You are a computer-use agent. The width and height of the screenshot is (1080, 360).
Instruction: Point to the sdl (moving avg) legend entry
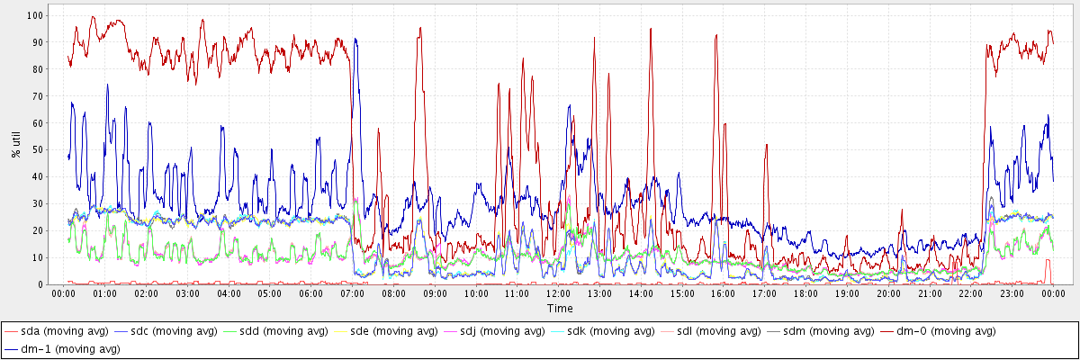(x=714, y=332)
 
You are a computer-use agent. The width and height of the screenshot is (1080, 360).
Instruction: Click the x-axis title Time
(x=559, y=309)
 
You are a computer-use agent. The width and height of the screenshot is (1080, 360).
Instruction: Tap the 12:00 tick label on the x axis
(x=559, y=294)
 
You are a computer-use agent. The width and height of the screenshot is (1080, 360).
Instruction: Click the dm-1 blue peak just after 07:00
(x=356, y=40)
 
